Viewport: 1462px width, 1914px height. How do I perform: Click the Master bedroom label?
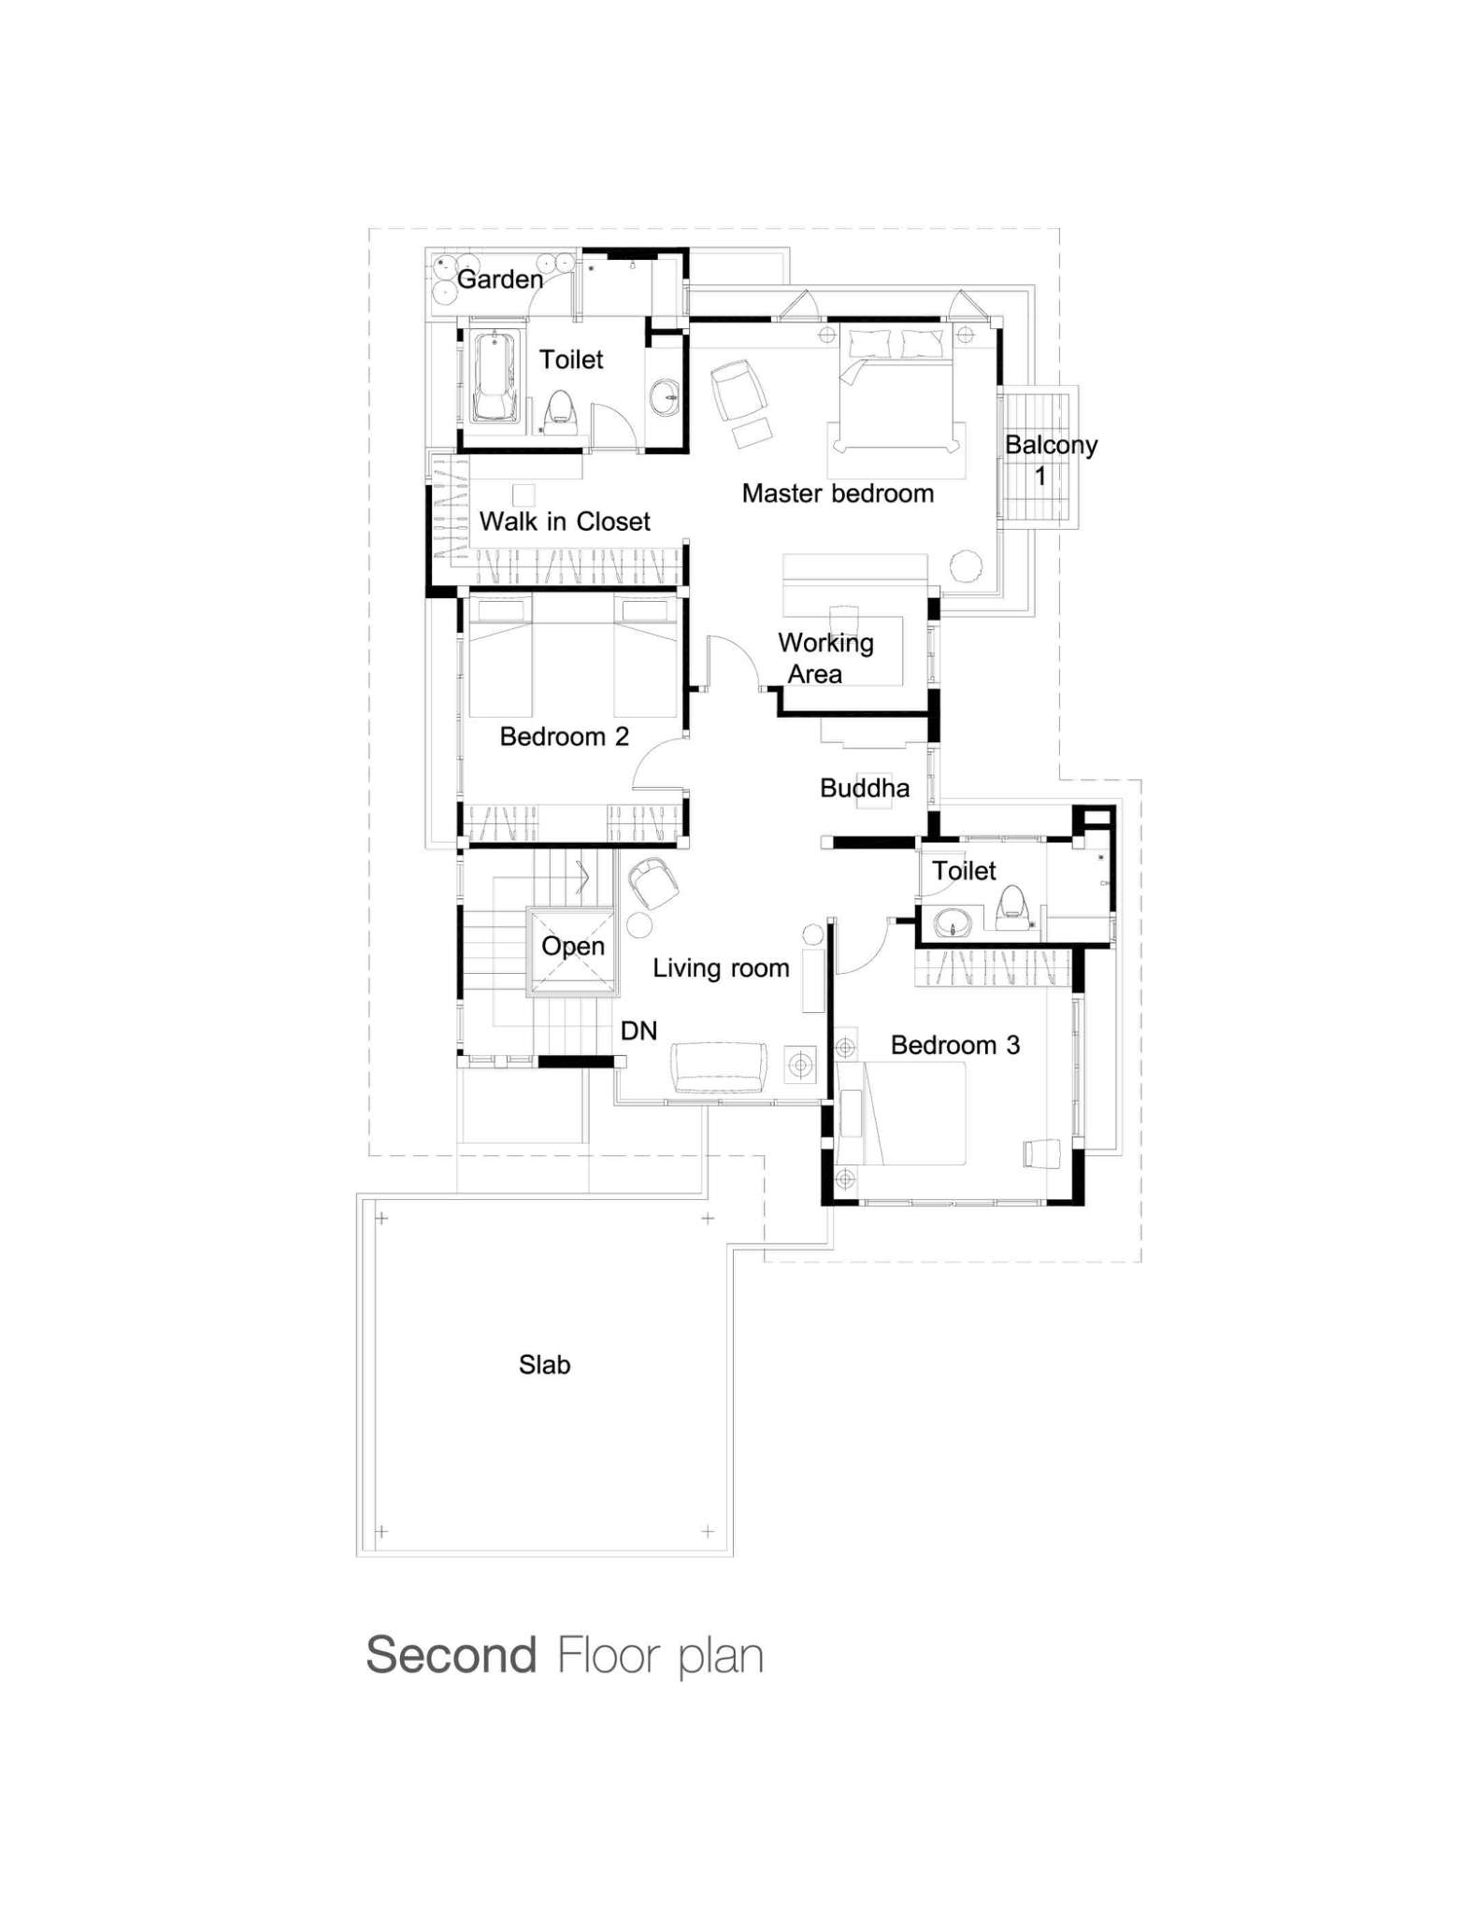pos(838,493)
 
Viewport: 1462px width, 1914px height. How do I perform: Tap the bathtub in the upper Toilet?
pos(494,377)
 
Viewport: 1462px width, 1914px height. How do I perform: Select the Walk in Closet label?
pos(565,521)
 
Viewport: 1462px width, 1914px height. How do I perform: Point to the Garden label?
pos(500,279)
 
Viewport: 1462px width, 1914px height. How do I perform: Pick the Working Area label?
pos(825,658)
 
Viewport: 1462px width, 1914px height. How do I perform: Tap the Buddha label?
pos(865,789)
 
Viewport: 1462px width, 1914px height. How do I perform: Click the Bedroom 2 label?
pos(565,737)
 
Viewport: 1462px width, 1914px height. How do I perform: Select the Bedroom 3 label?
pos(954,1045)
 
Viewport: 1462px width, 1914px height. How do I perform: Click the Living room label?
pos(721,968)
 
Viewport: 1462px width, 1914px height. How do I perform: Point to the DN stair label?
pos(639,1031)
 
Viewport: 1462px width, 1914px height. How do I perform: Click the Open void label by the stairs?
pos(573,947)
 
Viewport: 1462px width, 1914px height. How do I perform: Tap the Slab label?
pos(545,1365)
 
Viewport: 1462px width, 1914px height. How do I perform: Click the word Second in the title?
pos(451,1656)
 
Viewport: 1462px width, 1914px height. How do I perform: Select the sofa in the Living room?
pos(719,1067)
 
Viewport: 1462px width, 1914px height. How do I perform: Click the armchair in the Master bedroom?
pos(738,390)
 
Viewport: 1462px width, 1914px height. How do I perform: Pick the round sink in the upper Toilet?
pos(666,397)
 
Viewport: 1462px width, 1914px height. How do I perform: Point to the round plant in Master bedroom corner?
pos(967,566)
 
